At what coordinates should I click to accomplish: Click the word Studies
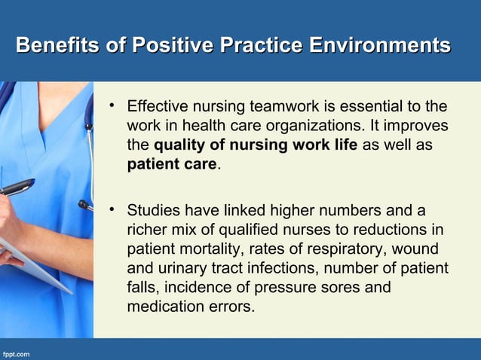tap(154, 209)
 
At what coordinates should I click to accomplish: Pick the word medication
tap(164, 307)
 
